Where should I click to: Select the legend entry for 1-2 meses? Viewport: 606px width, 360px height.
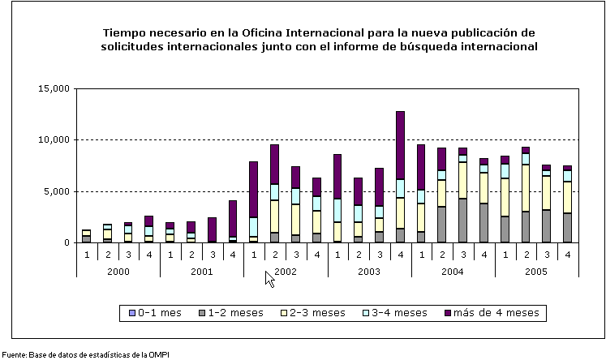(x=236, y=312)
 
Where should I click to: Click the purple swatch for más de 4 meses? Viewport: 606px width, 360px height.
(x=449, y=312)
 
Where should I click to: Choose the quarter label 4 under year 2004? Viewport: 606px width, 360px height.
(x=484, y=254)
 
